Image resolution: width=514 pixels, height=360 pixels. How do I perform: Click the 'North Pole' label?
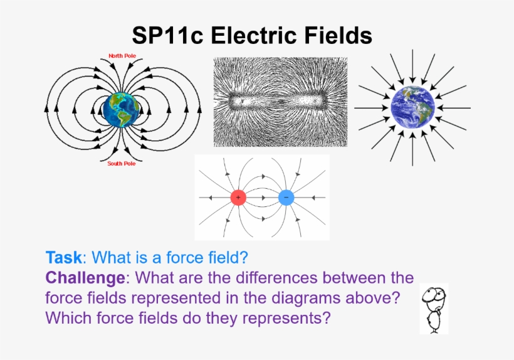(123, 56)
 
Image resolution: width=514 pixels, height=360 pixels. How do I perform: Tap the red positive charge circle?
(238, 198)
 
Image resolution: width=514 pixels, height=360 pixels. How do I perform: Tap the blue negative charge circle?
(286, 198)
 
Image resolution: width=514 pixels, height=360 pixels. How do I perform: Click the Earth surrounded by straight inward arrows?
(412, 109)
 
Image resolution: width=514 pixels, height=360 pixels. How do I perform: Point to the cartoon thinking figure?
(433, 308)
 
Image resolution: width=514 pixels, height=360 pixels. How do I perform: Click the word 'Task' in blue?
(63, 257)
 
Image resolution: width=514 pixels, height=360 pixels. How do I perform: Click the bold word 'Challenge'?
(86, 277)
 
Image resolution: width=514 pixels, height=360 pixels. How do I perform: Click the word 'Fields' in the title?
(336, 35)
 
